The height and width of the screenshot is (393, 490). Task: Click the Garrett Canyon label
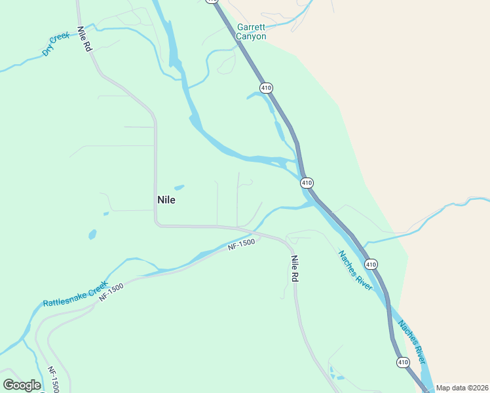(x=252, y=32)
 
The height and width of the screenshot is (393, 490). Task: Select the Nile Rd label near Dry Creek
(x=84, y=40)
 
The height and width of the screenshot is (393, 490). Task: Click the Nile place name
(x=166, y=200)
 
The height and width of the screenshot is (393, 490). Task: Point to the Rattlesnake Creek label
(x=74, y=295)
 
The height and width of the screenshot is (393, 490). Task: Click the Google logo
(x=22, y=385)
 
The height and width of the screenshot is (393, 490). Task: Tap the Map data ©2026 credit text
(x=462, y=388)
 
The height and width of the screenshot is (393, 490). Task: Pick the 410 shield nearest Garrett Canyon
(x=265, y=87)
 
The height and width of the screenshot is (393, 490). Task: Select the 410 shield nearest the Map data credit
(x=402, y=362)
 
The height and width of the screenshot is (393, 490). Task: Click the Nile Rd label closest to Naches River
(x=295, y=269)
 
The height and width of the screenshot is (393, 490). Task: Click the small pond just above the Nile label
(x=179, y=187)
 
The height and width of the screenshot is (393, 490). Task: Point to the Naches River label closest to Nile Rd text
(x=355, y=269)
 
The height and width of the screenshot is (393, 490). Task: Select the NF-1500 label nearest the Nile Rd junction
(x=240, y=246)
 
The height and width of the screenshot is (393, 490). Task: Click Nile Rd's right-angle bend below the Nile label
(x=157, y=224)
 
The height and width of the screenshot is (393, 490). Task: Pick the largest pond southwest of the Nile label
(x=92, y=234)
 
